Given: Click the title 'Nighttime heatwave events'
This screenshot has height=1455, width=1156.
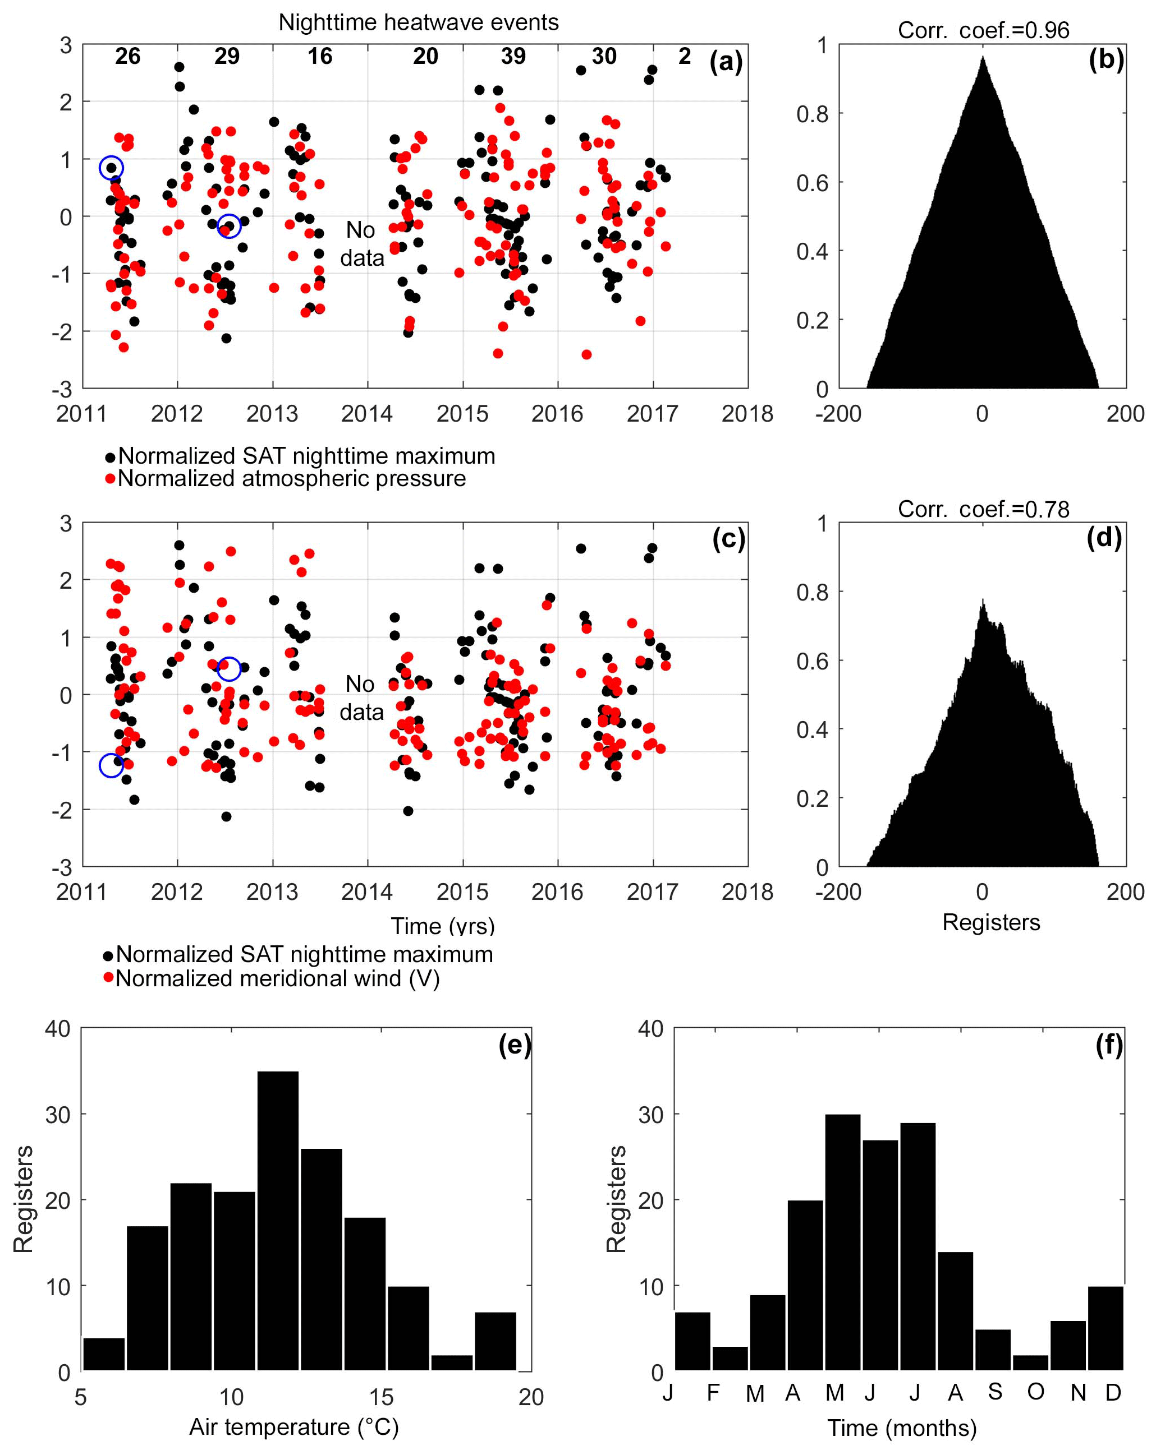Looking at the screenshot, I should tap(418, 22).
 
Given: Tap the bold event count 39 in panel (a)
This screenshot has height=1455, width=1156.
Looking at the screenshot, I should tap(513, 56).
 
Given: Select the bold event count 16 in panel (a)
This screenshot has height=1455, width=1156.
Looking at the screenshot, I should tap(319, 56).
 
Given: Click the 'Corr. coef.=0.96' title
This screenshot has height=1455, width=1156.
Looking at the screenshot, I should tap(983, 30).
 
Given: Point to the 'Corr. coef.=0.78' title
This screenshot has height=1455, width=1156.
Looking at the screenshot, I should tap(983, 509).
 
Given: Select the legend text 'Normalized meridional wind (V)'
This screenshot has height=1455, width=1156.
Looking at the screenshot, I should tap(277, 978).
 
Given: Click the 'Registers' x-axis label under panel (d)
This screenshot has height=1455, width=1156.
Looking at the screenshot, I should tap(990, 922).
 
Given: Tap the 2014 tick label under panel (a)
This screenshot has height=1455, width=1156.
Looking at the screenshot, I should tap(366, 414).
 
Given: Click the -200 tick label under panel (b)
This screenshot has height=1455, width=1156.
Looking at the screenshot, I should tap(838, 414).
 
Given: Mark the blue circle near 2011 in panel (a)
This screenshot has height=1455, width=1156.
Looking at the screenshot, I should tap(112, 168).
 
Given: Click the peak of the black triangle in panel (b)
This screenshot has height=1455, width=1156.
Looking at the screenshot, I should tap(983, 58).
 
